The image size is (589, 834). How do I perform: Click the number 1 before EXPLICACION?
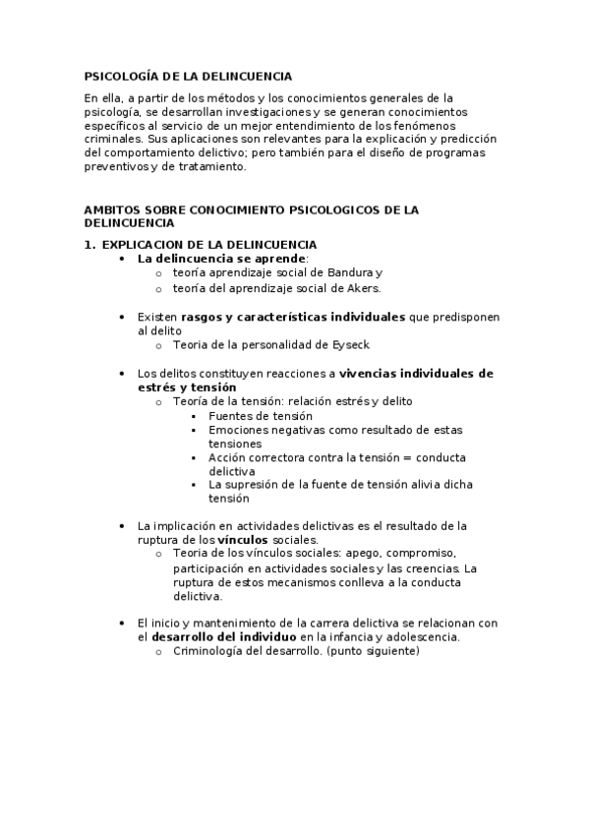(x=88, y=244)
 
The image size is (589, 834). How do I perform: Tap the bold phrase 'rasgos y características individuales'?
(x=293, y=317)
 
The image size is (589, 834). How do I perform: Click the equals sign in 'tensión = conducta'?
(x=408, y=457)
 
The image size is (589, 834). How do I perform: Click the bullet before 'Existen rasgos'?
(x=121, y=318)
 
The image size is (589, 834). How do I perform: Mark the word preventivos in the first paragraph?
(x=117, y=167)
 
